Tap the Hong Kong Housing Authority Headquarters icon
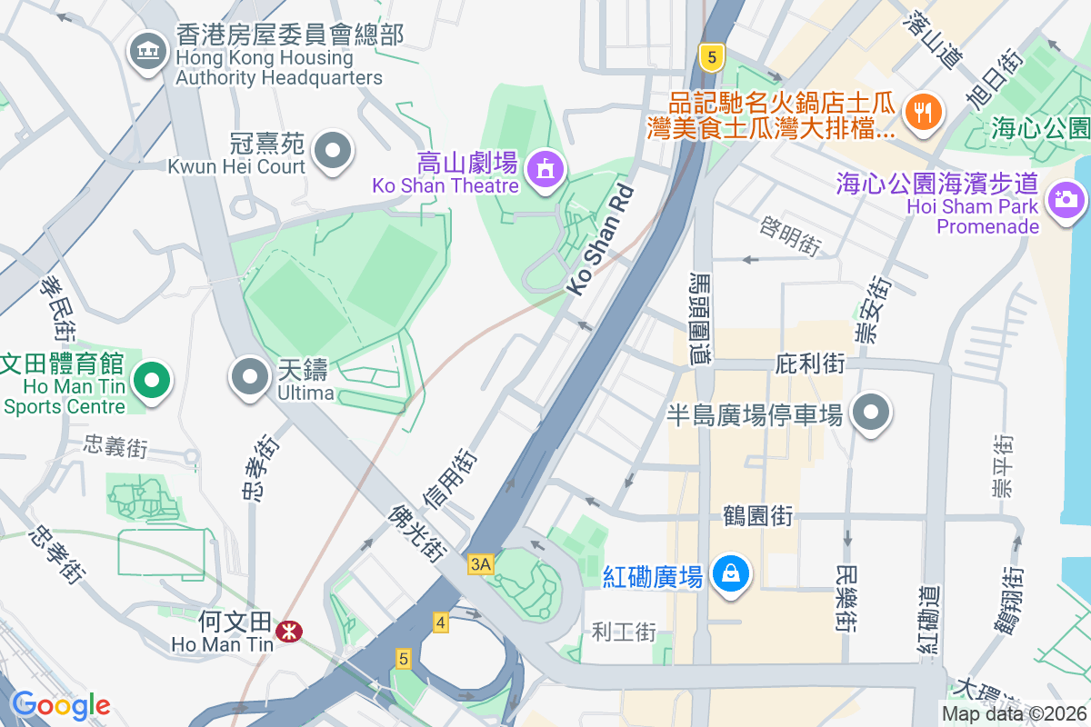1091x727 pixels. pyautogui.click(x=146, y=51)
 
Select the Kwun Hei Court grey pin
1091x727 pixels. pyautogui.click(x=332, y=152)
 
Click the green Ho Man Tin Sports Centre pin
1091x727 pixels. pyautogui.click(x=152, y=381)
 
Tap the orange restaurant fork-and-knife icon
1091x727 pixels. pyautogui.click(x=925, y=113)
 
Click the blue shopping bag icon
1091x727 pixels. pyautogui.click(x=729, y=574)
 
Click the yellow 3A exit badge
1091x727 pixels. pyautogui.click(x=480, y=564)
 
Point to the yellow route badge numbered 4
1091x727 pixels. pyautogui.click(x=441, y=622)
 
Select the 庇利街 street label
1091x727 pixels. pyautogui.click(x=809, y=364)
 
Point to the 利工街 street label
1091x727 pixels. pyautogui.click(x=623, y=631)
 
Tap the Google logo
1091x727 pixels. pyautogui.click(x=60, y=704)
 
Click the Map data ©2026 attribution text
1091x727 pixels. pyautogui.click(x=1013, y=714)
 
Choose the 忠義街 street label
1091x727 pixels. pyautogui.click(x=115, y=447)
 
